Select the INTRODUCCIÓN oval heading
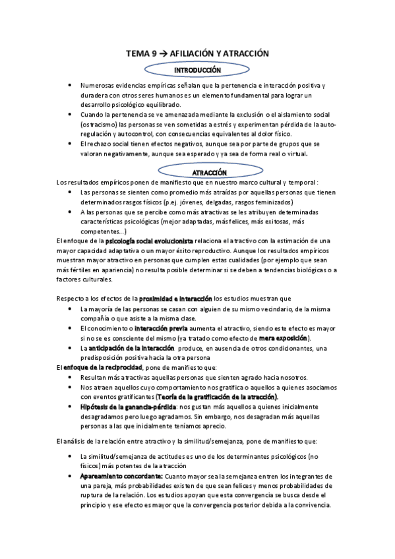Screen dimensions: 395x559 coord(197,69)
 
